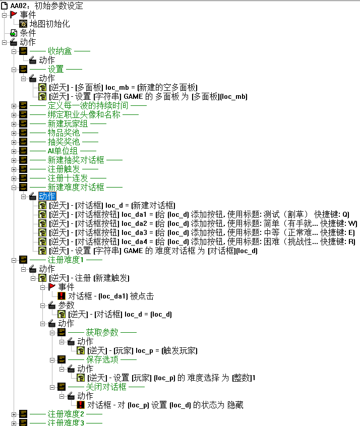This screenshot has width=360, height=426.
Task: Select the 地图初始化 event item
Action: point(49,24)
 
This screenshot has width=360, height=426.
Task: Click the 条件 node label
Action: point(28,33)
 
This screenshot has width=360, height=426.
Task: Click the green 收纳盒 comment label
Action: point(59,51)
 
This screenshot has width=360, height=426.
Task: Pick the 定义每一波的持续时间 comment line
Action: point(88,105)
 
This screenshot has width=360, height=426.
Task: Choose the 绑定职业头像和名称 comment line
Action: point(84,114)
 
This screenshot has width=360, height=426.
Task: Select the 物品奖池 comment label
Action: point(64,133)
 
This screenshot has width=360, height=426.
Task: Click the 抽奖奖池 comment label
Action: point(64,142)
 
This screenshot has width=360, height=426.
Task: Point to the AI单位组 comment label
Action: point(63,151)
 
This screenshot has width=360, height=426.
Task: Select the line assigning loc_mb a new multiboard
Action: point(124,87)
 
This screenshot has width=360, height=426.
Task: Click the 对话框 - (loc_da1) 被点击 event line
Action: point(111,296)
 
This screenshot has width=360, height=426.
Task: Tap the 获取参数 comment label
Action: point(102,332)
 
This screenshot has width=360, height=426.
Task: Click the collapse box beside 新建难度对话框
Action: point(14,187)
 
